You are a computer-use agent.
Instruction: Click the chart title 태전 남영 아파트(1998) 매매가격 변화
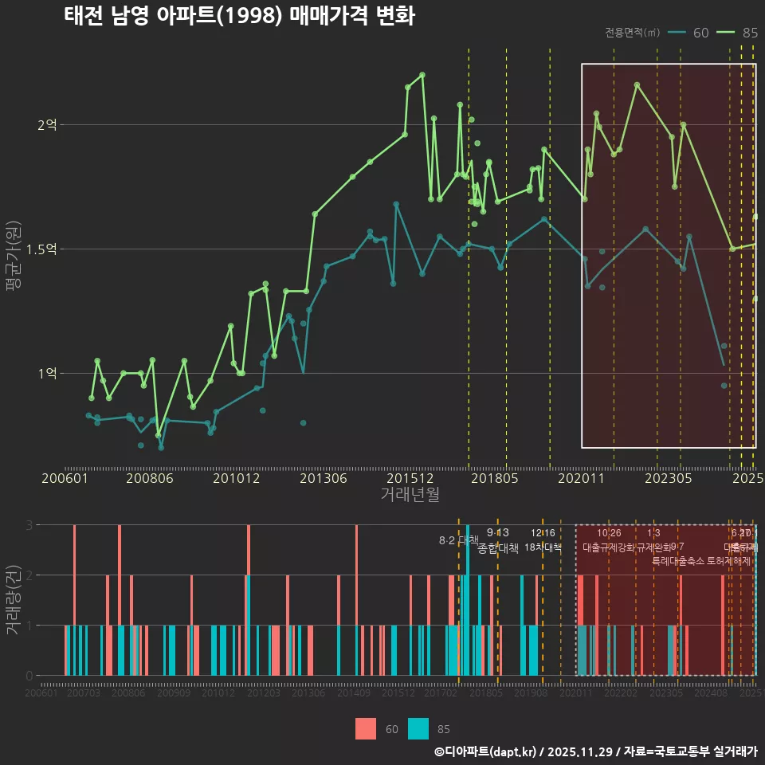pyautogui.click(x=239, y=17)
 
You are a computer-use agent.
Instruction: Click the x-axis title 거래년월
pyautogui.click(x=410, y=495)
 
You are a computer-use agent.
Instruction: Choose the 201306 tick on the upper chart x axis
pyautogui.click(x=324, y=479)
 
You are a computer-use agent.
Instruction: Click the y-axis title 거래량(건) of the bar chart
pyautogui.click(x=14, y=599)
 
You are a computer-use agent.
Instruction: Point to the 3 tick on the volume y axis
pyautogui.click(x=29, y=525)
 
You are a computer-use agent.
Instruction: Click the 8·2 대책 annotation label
pyautogui.click(x=458, y=540)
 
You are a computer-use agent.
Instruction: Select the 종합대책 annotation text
pyautogui.click(x=498, y=548)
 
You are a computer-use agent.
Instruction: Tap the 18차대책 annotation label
pyautogui.click(x=543, y=547)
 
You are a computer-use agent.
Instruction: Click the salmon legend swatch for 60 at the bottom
pyautogui.click(x=366, y=728)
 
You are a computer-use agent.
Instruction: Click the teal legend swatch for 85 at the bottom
pyautogui.click(x=418, y=728)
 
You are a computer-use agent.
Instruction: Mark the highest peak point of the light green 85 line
pyautogui.click(x=422, y=75)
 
